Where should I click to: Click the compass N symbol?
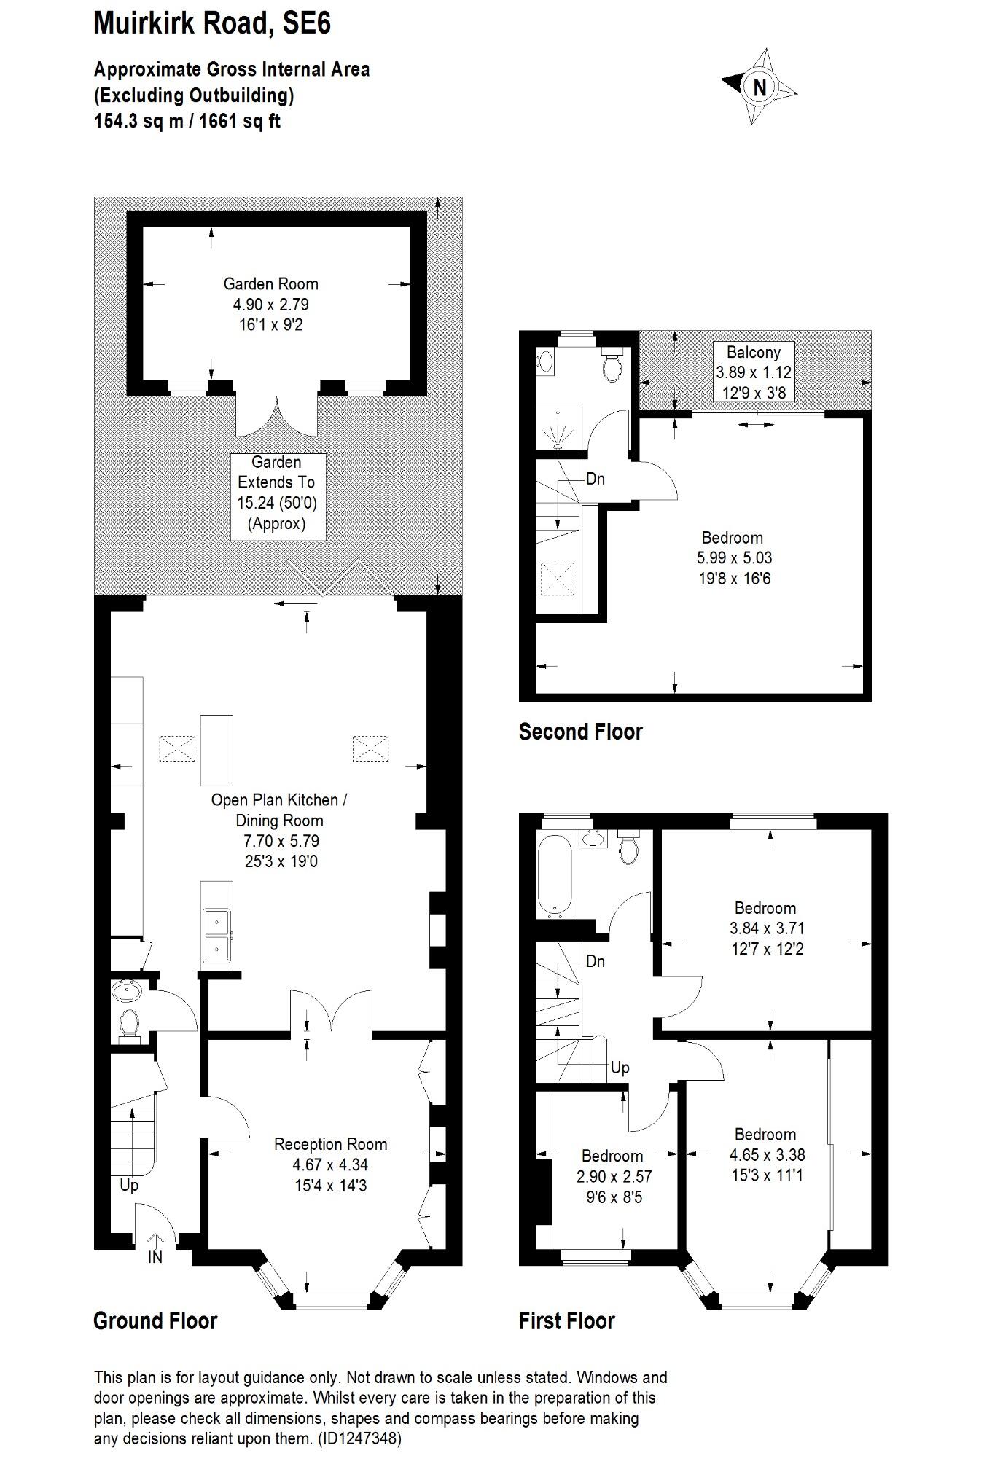pos(760,87)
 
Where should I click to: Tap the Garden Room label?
pos(270,284)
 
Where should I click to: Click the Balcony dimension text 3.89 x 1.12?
pos(753,372)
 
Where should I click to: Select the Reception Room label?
pos(330,1144)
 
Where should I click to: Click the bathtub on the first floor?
pos(555,875)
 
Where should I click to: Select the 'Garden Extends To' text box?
pos(277,493)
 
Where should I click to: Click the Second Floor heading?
pos(580,732)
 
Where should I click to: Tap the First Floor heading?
pos(566,1320)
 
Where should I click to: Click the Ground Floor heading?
pos(155,1320)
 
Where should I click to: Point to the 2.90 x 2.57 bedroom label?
pos(613,1176)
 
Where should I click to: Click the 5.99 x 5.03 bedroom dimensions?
pos(734,558)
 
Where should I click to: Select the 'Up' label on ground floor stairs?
pos(129,1186)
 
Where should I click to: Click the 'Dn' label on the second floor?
pos(596,479)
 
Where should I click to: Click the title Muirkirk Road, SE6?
pos(212,24)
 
